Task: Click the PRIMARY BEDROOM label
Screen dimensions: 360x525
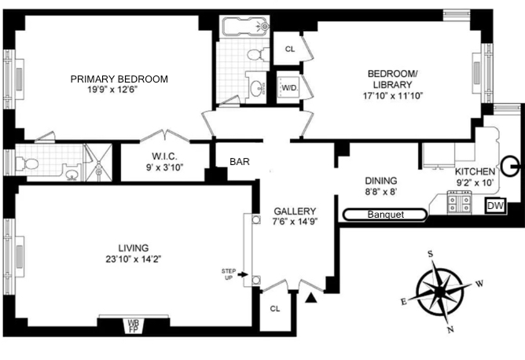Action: click(119, 79)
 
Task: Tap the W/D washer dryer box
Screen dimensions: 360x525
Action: click(288, 88)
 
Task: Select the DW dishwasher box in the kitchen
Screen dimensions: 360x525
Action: click(494, 206)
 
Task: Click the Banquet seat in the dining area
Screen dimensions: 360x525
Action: click(385, 214)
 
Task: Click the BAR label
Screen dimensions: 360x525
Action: click(240, 162)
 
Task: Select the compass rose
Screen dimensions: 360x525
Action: click(439, 290)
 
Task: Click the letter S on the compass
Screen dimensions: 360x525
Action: click(431, 254)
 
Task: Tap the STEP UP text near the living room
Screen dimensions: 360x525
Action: click(228, 274)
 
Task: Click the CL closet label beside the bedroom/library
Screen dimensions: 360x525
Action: click(289, 49)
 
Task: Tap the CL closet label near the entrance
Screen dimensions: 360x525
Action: click(275, 308)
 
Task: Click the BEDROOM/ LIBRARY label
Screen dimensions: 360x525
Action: click(393, 79)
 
